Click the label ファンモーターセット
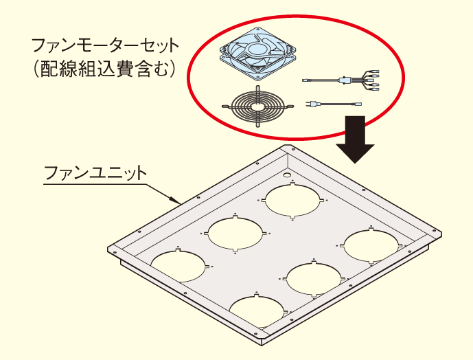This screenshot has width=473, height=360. [x=105, y=45]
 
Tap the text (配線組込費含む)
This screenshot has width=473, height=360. [x=104, y=69]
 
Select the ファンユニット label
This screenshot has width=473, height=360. [x=95, y=172]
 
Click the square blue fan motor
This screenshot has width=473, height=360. [x=257, y=54]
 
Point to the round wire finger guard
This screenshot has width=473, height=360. [x=257, y=106]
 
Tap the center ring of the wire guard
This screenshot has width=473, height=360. [x=257, y=106]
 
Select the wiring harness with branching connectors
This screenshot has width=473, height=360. [x=341, y=80]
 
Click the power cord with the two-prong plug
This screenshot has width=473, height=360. [x=334, y=104]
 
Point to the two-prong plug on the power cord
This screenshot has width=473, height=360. [x=311, y=104]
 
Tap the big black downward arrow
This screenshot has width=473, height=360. [x=356, y=139]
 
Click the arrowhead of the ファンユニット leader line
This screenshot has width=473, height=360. [x=175, y=200]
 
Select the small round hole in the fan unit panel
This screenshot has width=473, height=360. [x=286, y=175]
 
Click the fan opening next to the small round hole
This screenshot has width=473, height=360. [x=292, y=201]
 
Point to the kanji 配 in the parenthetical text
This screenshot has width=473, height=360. [x=50, y=69]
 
